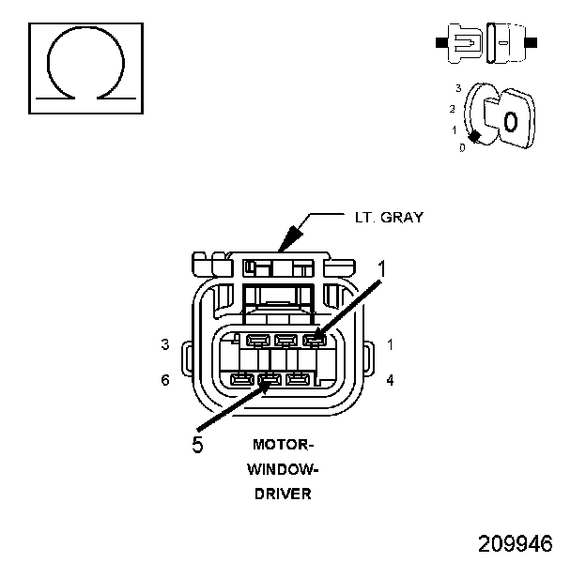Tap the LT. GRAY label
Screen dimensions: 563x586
pyautogui.click(x=389, y=218)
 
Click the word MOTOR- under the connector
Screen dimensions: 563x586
pyautogui.click(x=283, y=445)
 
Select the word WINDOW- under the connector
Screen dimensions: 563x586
pyautogui.click(x=283, y=469)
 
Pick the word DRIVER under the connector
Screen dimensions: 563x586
pyautogui.click(x=283, y=494)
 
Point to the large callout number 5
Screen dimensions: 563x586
pyautogui.click(x=197, y=444)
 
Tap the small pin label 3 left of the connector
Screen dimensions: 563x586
pyautogui.click(x=164, y=344)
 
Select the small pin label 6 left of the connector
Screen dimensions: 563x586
pyautogui.click(x=164, y=380)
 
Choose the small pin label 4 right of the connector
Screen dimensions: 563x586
pyautogui.click(x=390, y=380)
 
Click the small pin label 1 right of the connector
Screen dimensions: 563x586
pyautogui.click(x=390, y=344)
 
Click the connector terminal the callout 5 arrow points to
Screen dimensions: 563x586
pyautogui.click(x=270, y=381)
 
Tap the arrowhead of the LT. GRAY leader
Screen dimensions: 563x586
pyautogui.click(x=285, y=245)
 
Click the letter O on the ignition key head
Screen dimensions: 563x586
pyautogui.click(x=509, y=122)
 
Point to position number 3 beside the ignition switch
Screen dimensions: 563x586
pyautogui.click(x=456, y=87)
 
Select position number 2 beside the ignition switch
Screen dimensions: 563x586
pyautogui.click(x=452, y=108)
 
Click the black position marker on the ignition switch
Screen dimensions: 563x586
pyautogui.click(x=477, y=137)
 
